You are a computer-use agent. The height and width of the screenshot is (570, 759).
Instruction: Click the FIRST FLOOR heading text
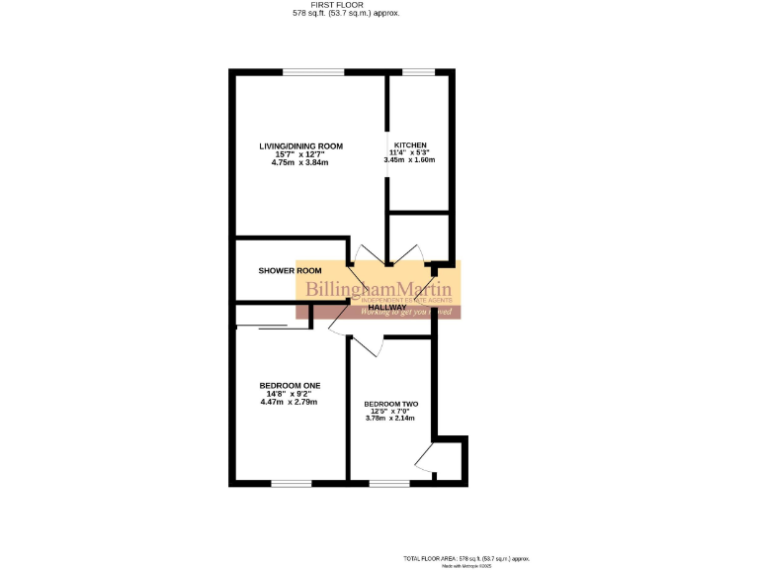coord(338,5)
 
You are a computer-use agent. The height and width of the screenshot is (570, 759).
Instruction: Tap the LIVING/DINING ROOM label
coord(300,146)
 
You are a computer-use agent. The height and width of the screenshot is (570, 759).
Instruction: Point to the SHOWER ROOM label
coord(291,271)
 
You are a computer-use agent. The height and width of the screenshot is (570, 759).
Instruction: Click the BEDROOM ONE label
coord(290,385)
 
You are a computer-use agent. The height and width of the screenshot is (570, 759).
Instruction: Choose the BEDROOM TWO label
coord(390,404)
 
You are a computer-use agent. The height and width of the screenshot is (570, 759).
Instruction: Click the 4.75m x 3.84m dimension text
coord(299,162)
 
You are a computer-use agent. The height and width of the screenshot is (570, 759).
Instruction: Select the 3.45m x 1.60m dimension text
coord(409,160)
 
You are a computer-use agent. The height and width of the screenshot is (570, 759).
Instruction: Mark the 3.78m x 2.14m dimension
coord(390,419)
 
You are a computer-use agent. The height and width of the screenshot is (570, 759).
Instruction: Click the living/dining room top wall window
coord(313,72)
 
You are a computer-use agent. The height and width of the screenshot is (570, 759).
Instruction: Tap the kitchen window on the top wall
coord(419,72)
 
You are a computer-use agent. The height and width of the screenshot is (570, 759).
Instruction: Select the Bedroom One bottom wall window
coord(291,483)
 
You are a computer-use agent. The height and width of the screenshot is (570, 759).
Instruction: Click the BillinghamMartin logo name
coord(379,290)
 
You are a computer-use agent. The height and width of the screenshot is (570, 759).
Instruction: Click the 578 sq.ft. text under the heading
coord(338,14)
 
